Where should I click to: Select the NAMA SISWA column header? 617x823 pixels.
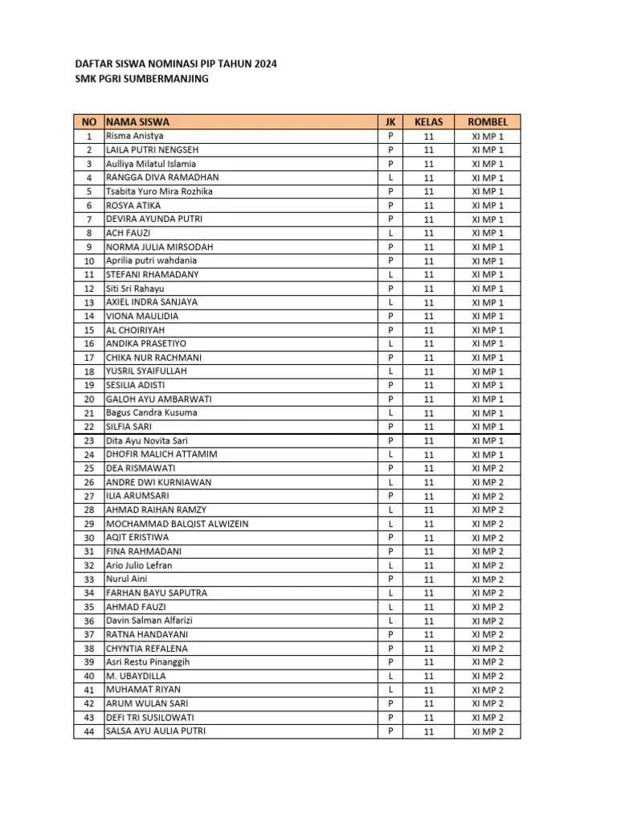pos(137,122)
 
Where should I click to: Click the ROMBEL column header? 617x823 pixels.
pos(488,122)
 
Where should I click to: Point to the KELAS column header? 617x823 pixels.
pos(428,122)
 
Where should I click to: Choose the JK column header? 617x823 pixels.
pos(390,122)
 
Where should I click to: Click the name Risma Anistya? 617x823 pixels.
pos(135,136)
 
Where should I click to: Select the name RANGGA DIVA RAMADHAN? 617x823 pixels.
pos(162,178)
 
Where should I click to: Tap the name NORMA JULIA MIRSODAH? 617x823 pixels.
pos(160,247)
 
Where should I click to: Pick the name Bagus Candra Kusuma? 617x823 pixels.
pos(152,413)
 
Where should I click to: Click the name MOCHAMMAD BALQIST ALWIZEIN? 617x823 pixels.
pos(178,524)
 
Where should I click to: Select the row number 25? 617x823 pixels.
pos(88,469)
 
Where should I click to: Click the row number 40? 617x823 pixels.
pos(88,676)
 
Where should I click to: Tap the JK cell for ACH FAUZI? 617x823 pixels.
pos(390,233)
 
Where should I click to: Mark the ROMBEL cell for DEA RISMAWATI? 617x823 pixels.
pos(488,469)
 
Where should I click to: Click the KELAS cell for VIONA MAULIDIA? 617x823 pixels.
pos(428,317)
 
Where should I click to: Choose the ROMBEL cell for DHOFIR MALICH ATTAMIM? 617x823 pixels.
pos(488,455)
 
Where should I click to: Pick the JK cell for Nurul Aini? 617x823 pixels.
pos(390,579)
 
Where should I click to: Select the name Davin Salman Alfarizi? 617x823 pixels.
pos(149,621)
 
